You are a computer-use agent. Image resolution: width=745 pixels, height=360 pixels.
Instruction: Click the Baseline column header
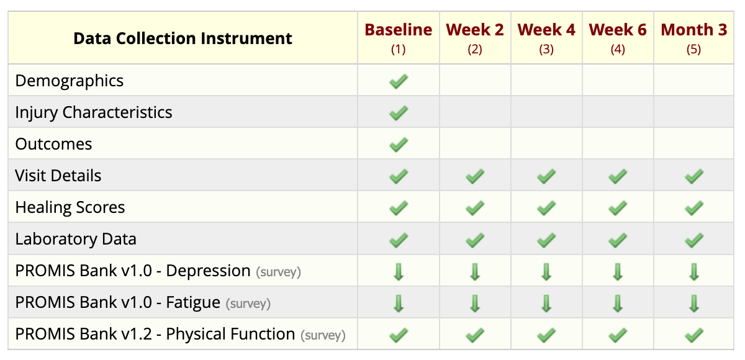pos(398,30)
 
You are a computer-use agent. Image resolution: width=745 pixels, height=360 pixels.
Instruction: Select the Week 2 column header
pos(474,30)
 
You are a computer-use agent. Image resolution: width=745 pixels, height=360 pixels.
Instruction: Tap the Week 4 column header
pos(546,30)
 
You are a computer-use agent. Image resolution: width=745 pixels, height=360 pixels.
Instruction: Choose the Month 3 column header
pos(694,30)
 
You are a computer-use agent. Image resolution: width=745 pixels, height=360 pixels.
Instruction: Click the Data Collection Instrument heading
pos(183,38)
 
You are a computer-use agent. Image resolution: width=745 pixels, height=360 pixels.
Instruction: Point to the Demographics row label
pos(69,81)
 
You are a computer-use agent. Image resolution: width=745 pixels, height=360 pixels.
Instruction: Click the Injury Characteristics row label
pos(94,112)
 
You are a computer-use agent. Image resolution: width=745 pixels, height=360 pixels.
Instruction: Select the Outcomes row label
pos(53,144)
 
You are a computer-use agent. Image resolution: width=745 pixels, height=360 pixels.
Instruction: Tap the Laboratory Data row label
pos(76,239)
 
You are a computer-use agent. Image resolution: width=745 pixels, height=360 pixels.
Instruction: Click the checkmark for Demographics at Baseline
pos(398,81)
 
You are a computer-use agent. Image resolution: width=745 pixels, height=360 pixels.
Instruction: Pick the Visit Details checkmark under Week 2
pos(474,176)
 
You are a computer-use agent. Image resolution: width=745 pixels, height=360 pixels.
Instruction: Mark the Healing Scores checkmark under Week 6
pos(618,208)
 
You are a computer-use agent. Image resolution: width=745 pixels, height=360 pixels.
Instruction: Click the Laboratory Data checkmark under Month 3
pos(694,240)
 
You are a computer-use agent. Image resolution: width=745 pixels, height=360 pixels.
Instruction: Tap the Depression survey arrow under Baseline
pos(399,272)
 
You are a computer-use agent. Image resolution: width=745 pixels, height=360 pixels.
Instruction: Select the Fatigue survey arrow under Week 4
pos(546,304)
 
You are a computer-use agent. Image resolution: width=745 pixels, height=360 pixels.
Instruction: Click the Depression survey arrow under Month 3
pos(694,272)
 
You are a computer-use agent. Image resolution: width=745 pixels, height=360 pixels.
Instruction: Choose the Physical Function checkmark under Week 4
pos(546,335)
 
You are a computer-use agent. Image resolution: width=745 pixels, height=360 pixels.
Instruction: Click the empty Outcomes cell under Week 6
pos(618,143)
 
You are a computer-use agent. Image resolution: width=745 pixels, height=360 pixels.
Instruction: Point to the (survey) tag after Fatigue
pos(248,304)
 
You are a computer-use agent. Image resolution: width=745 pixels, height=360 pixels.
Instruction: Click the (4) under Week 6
pos(618,50)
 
